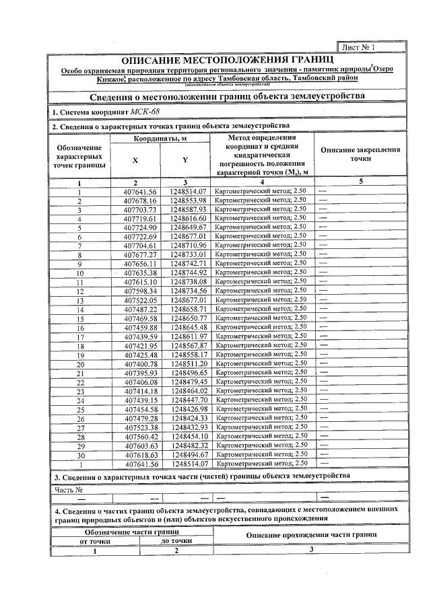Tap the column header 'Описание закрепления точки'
[x=361, y=155]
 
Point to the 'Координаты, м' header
[x=160, y=138]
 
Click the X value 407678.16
[x=140, y=201]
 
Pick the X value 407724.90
[x=140, y=227]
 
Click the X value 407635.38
[x=140, y=273]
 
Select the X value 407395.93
[x=140, y=372]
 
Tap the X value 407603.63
[x=140, y=445]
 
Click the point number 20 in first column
[x=80, y=363]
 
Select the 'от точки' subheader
[x=95, y=540]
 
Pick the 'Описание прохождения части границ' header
[x=311, y=534]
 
